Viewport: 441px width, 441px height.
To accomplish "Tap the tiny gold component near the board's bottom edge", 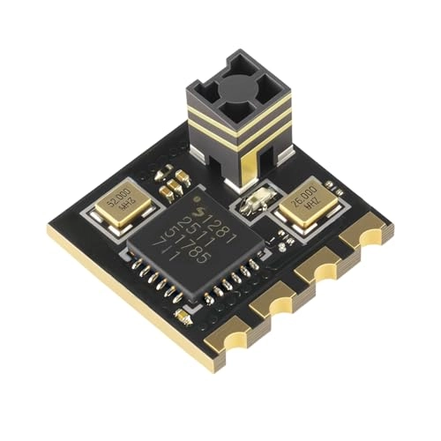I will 183,315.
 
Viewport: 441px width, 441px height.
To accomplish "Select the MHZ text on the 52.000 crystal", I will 124,214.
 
